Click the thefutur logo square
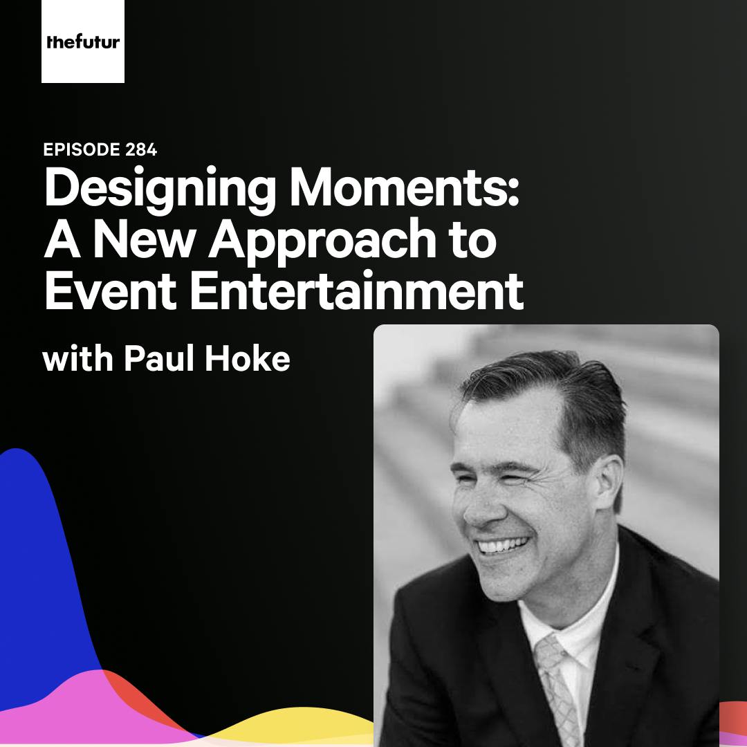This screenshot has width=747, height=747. pyautogui.click(x=83, y=41)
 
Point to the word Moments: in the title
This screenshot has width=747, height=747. pyautogui.click(x=404, y=189)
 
